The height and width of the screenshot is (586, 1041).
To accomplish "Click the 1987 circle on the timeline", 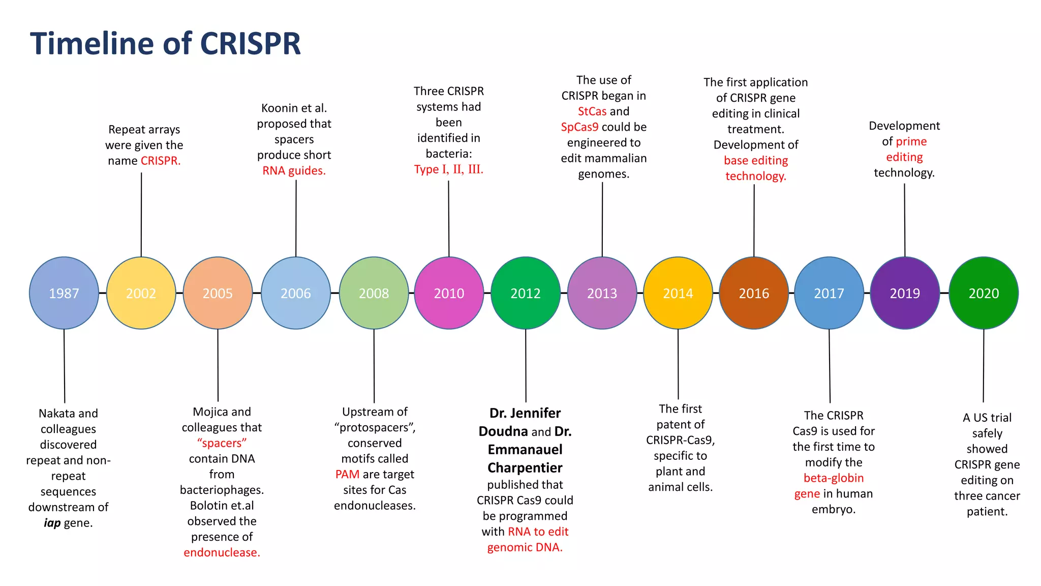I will (x=64, y=293).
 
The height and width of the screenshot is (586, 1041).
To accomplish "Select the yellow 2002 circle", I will (x=141, y=293).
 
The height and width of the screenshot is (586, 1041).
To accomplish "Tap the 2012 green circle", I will (x=526, y=293).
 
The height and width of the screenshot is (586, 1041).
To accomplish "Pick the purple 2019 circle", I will (x=905, y=293).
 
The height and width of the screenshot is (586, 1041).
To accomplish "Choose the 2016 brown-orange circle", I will (x=754, y=293).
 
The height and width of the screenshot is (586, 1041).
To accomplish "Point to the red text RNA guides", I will (x=294, y=170).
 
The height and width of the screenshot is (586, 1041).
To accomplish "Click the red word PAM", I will (x=347, y=474).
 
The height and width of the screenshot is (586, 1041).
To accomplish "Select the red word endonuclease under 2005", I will (x=222, y=552).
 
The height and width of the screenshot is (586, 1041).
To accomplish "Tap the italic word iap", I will (x=52, y=523).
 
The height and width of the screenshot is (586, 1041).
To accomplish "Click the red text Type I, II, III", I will (x=448, y=169).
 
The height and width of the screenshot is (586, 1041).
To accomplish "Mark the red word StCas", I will (x=592, y=111).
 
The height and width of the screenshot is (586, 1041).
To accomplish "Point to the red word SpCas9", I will (x=579, y=127).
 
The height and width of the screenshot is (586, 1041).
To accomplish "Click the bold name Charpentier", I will (x=525, y=467).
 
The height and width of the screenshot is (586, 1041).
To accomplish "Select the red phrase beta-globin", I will (x=834, y=478).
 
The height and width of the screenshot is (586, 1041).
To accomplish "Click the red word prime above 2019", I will (x=911, y=141).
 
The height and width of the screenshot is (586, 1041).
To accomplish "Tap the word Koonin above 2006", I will (x=279, y=108).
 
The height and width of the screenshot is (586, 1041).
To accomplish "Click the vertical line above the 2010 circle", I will (x=448, y=219).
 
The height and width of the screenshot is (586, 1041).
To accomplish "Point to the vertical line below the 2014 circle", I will (x=678, y=364).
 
